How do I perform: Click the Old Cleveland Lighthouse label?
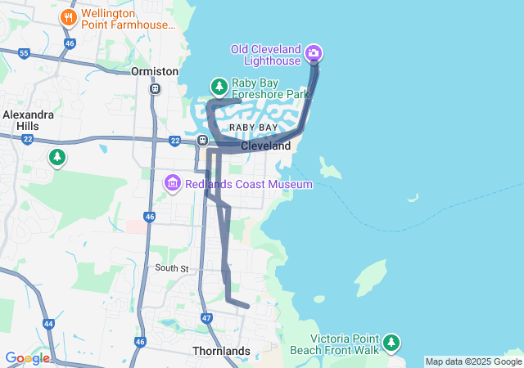click(x=265, y=55)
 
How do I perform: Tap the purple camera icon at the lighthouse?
click(x=313, y=55)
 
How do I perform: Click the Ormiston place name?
click(x=155, y=72)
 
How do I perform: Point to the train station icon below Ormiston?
click(x=155, y=88)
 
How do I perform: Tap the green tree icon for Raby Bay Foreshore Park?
click(x=219, y=86)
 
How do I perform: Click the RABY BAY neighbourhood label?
click(x=253, y=128)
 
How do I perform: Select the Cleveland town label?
click(x=265, y=146)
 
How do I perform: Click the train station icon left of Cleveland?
click(x=202, y=141)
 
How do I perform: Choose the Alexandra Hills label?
click(x=29, y=121)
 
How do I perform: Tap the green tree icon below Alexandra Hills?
click(x=56, y=156)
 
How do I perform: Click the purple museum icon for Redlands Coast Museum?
click(x=173, y=183)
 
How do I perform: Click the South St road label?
click(x=173, y=268)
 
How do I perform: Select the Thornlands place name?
click(x=220, y=351)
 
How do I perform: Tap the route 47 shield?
click(x=206, y=317)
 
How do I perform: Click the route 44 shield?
click(x=49, y=324)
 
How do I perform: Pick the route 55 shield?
click(x=24, y=54)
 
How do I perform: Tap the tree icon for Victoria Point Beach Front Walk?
click(x=392, y=341)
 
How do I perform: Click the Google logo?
click(x=27, y=358)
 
